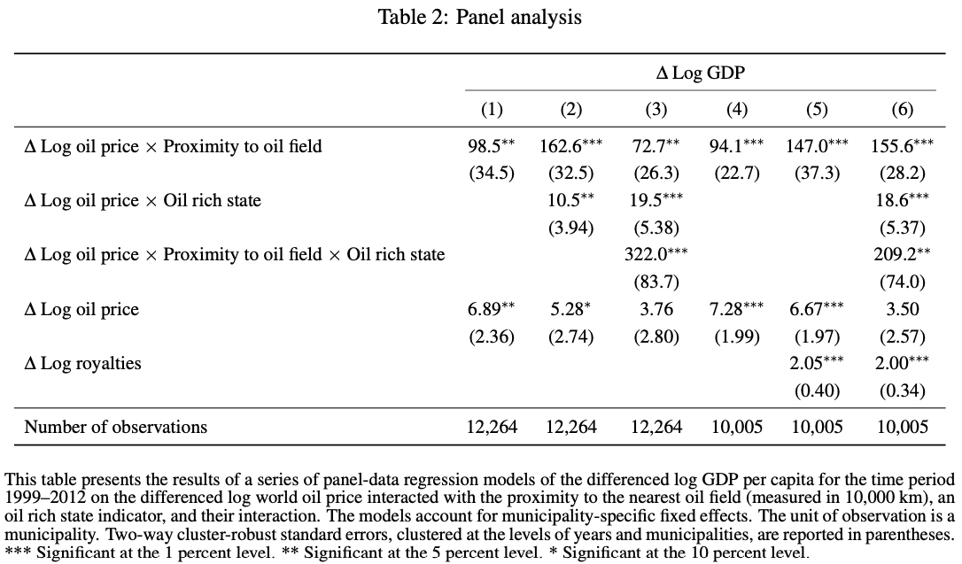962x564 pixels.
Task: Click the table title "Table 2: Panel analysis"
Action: (480, 17)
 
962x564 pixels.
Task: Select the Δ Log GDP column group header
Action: (700, 73)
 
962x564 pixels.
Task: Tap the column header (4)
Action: (736, 110)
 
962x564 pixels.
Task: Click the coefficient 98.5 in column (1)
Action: (486, 147)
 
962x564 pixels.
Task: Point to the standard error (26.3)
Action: (656, 173)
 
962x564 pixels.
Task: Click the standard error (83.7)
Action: (656, 282)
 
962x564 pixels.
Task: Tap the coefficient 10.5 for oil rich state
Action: (565, 200)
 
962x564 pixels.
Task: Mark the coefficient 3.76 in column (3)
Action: (656, 310)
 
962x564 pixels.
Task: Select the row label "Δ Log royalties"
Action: (82, 363)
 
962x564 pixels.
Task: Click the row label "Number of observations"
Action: (115, 427)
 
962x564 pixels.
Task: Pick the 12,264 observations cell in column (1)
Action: (492, 427)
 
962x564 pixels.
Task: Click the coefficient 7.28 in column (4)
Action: (731, 310)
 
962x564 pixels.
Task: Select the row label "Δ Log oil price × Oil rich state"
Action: (143, 201)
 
